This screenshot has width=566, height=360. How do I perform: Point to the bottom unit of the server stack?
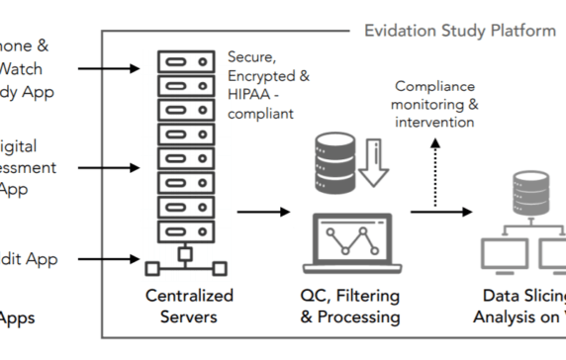pyautogui.click(x=186, y=230)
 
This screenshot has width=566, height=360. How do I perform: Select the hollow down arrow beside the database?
pyautogui.click(x=375, y=160)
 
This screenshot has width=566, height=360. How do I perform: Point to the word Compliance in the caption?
pyautogui.click(x=434, y=87)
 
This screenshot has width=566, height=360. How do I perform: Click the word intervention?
pyautogui.click(x=434, y=123)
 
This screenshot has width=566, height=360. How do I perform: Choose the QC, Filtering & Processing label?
pyautogui.click(x=350, y=306)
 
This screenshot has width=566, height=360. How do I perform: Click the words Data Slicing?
pyautogui.click(x=523, y=296)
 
